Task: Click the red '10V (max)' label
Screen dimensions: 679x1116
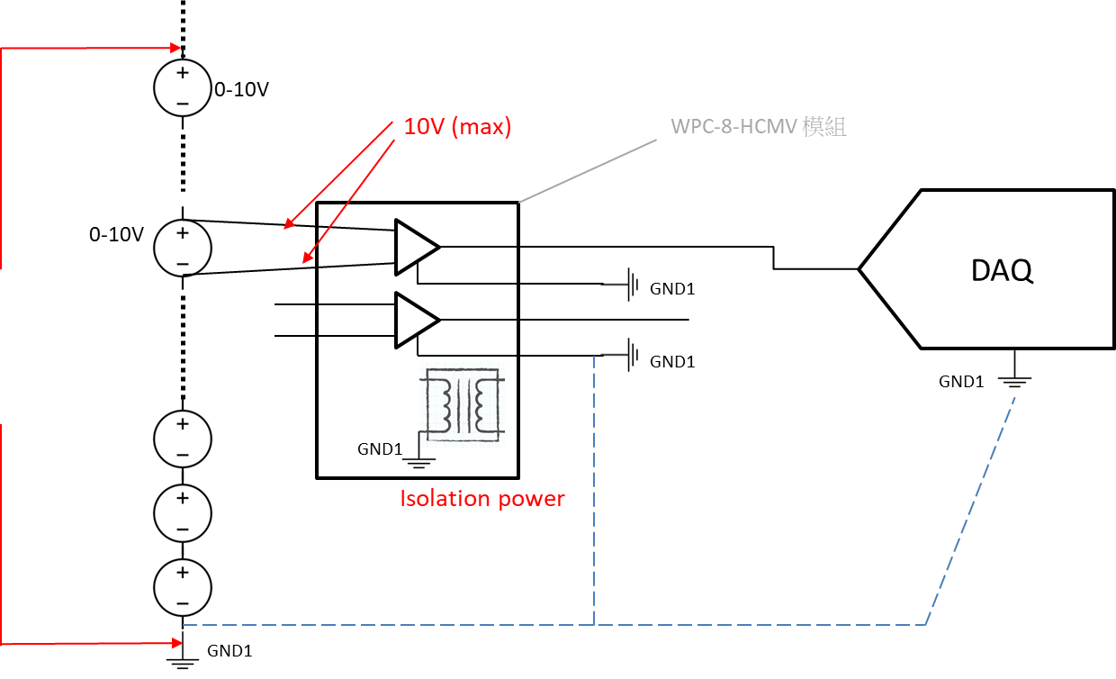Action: click(457, 127)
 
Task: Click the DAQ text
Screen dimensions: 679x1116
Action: click(1002, 270)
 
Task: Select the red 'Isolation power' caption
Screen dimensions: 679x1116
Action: click(481, 498)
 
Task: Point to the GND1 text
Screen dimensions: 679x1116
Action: click(379, 448)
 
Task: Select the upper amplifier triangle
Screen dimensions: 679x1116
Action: click(414, 246)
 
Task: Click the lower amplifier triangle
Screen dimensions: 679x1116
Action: click(414, 320)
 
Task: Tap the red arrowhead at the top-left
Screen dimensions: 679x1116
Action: click(176, 48)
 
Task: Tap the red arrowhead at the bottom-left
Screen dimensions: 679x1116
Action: click(176, 643)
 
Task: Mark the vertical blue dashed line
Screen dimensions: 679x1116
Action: click(595, 486)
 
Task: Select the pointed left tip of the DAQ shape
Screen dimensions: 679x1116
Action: click(864, 268)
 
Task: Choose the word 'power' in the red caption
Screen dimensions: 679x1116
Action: click(533, 498)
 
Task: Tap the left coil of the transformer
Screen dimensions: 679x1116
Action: click(445, 405)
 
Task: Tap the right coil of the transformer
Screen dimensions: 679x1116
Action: click(487, 405)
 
